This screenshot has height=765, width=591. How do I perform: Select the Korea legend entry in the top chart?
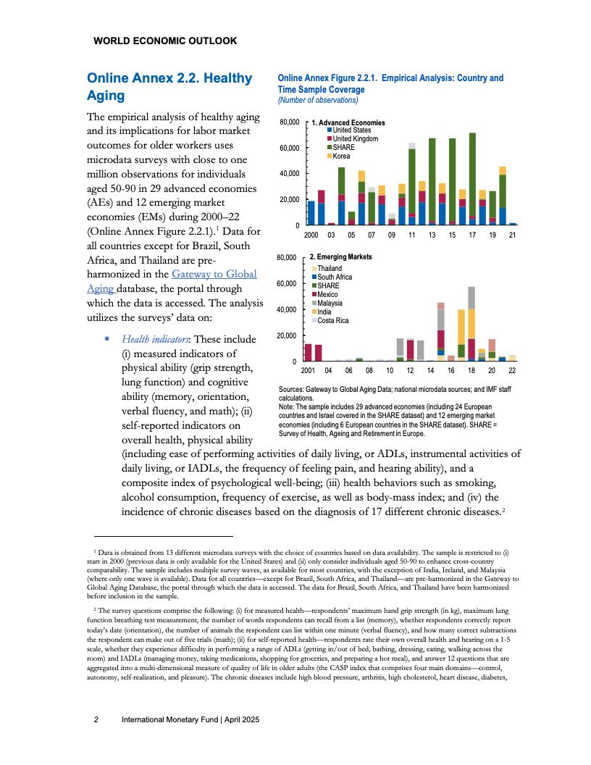(x=341, y=156)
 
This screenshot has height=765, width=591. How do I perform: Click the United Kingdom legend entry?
(x=354, y=138)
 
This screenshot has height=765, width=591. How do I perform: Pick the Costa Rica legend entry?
(x=332, y=320)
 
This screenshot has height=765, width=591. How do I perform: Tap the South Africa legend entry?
(x=335, y=277)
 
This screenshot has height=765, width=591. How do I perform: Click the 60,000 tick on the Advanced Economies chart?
(x=289, y=148)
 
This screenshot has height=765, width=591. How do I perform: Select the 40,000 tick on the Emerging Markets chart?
(x=288, y=310)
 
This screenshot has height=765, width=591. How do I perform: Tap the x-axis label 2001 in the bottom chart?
(x=308, y=371)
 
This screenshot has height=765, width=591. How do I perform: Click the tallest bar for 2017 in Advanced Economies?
(x=472, y=174)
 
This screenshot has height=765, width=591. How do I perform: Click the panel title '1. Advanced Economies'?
(x=348, y=122)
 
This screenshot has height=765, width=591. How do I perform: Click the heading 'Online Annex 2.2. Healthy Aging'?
(x=169, y=87)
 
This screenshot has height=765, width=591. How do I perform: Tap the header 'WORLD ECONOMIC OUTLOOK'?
(x=165, y=41)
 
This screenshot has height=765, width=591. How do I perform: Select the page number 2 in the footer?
(x=96, y=720)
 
